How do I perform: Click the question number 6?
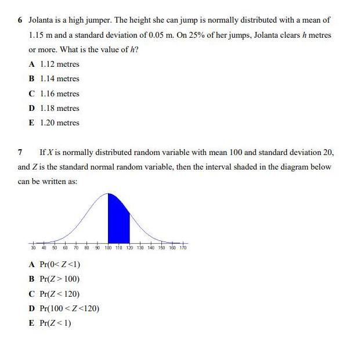[x=20, y=20]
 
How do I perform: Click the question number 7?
[x=20, y=152]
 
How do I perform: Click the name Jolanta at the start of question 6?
[x=42, y=20]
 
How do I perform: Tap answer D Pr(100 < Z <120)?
[x=64, y=308]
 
